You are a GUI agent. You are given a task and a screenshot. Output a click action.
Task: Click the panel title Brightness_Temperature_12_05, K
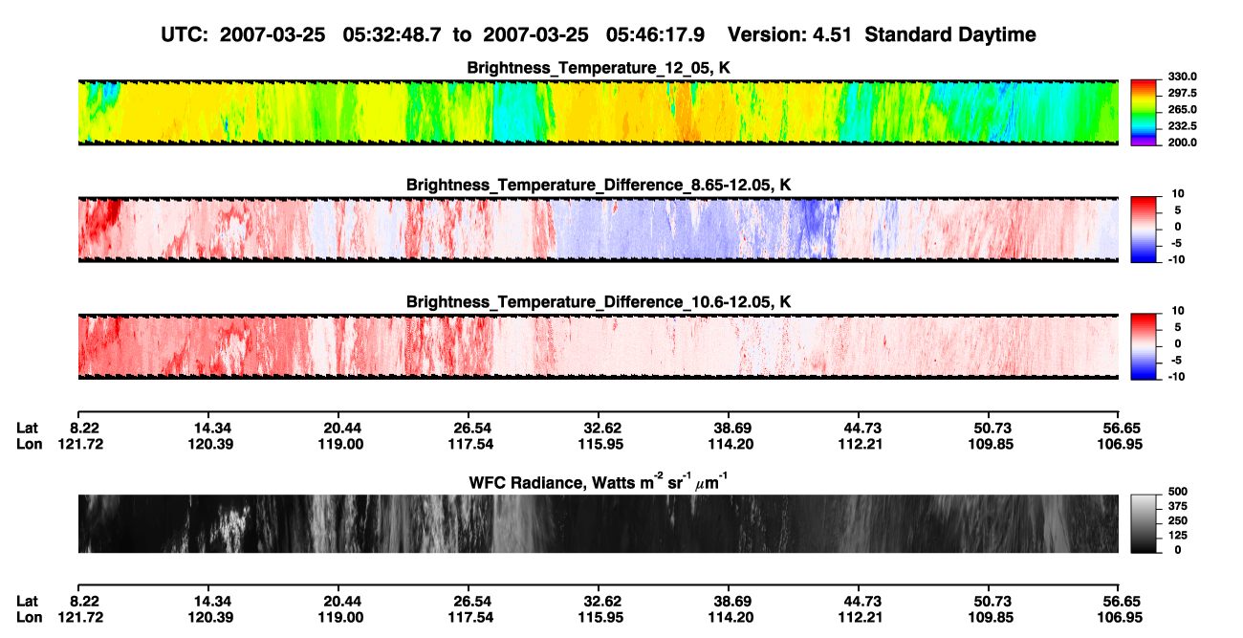click(x=599, y=68)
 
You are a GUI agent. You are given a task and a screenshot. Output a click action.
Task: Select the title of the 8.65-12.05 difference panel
click(x=599, y=185)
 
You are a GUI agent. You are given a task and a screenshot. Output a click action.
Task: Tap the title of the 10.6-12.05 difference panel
click(x=599, y=302)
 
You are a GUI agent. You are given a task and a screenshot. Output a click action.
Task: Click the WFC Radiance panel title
click(x=599, y=481)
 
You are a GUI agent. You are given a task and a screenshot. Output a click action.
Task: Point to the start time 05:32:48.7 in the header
click(x=392, y=34)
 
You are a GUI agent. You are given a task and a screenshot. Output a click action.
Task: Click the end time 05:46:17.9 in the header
click(x=655, y=34)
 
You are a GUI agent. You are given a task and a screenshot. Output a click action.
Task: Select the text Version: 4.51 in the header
click(x=789, y=34)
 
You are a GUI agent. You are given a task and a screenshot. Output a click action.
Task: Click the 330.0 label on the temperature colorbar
click(x=1182, y=77)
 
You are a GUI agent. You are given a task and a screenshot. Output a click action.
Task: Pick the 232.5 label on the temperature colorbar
click(x=1182, y=126)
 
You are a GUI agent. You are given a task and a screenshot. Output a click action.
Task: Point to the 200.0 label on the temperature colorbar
click(x=1182, y=143)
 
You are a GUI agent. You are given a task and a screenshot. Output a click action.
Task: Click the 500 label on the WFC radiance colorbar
click(x=1178, y=492)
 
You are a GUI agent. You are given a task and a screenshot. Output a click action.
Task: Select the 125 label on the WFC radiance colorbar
click(x=1178, y=536)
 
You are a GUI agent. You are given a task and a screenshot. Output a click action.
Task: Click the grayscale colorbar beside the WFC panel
click(x=1144, y=523)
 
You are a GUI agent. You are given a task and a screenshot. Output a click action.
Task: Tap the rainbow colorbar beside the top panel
click(x=1144, y=113)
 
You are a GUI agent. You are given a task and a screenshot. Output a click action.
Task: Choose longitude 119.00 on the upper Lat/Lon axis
click(x=340, y=444)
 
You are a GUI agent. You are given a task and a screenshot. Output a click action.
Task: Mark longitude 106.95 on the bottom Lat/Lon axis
click(x=1120, y=618)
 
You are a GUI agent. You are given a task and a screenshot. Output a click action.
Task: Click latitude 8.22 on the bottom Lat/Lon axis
click(x=84, y=602)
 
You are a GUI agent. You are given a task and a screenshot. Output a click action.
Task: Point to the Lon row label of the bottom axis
click(x=30, y=618)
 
